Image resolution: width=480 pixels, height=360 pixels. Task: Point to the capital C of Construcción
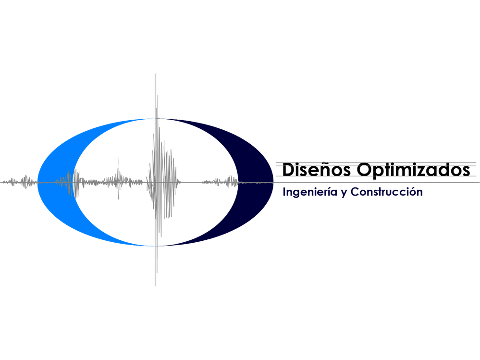(x=355, y=192)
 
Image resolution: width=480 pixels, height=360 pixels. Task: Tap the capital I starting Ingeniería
(x=284, y=192)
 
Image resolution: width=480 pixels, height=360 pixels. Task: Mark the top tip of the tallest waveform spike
(x=155, y=74)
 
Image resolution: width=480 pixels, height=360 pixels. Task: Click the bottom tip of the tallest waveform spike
(x=155, y=286)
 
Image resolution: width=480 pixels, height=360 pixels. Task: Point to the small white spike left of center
(x=119, y=178)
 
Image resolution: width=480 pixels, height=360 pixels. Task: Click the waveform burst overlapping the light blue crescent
(x=67, y=183)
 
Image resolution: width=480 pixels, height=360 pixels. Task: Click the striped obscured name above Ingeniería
(x=375, y=169)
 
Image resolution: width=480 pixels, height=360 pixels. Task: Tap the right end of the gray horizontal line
(x=477, y=183)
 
